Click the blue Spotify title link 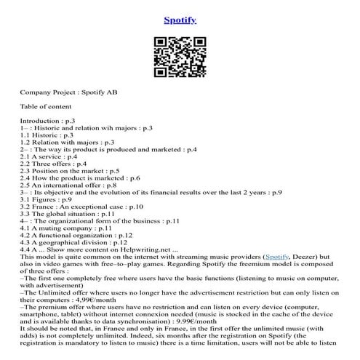(x=180, y=20)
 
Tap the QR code (x=180, y=60)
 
